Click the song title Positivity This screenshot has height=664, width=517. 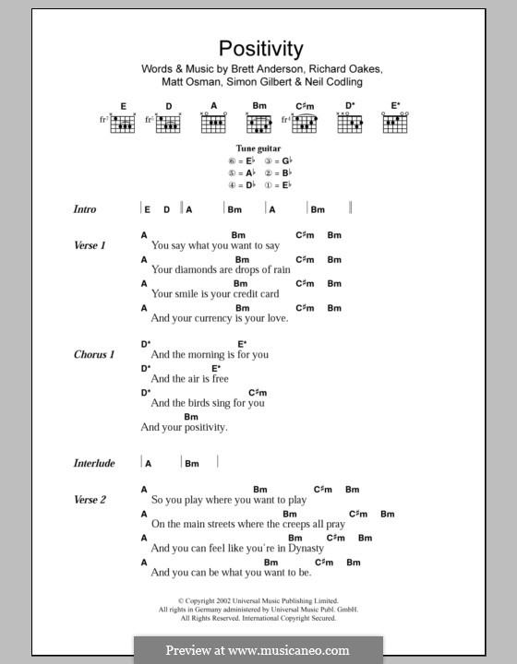pos(259,48)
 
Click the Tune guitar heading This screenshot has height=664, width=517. pos(258,148)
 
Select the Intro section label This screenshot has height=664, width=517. pos(85,209)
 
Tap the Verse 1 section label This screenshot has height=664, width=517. pos(90,245)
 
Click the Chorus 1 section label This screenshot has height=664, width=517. pos(94,354)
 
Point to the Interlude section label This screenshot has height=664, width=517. pos(94,462)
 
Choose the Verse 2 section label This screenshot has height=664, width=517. pos(90,499)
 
